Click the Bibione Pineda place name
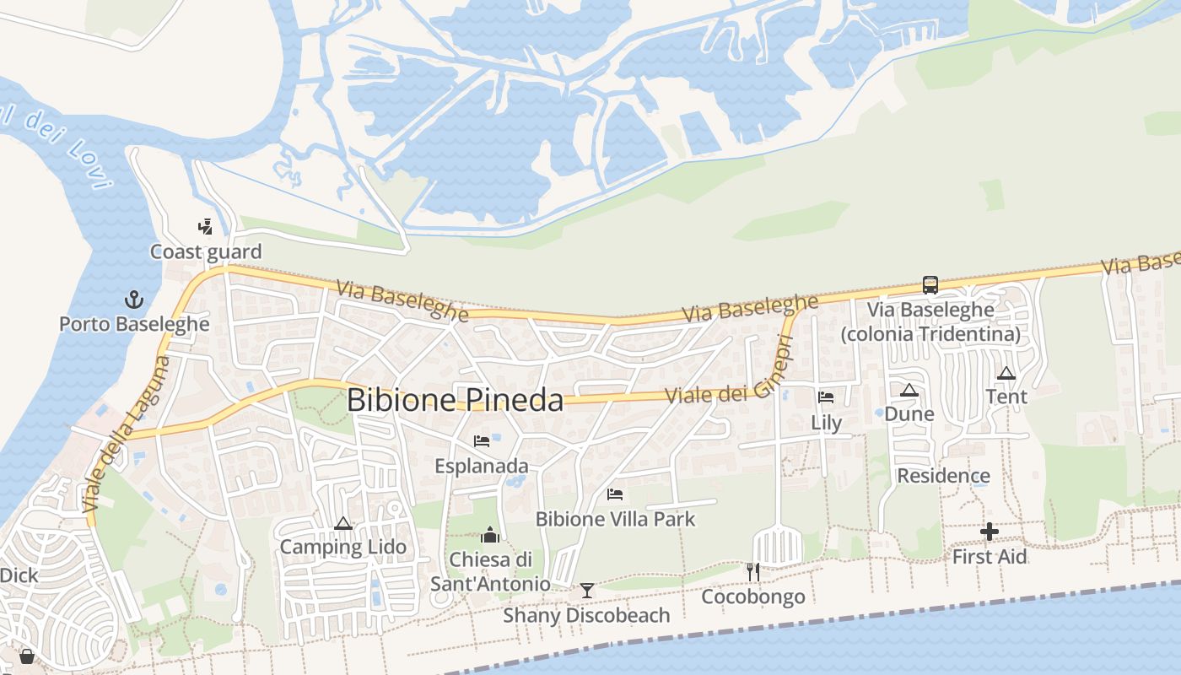[455, 400]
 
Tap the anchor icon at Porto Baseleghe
[133, 300]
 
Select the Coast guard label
[206, 251]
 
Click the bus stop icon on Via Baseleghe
[930, 285]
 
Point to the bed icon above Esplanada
[482, 441]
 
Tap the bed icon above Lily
[826, 397]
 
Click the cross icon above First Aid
[990, 532]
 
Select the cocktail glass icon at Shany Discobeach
[587, 590]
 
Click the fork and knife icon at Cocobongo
[753, 572]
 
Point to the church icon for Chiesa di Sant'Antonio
[490, 534]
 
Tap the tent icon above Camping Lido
[342, 523]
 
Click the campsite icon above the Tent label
[1006, 373]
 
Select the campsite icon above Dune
[909, 390]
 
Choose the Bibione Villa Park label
[616, 519]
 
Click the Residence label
[943, 476]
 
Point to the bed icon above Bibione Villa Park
[615, 494]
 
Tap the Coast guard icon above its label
[205, 226]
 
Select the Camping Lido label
[342, 547]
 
